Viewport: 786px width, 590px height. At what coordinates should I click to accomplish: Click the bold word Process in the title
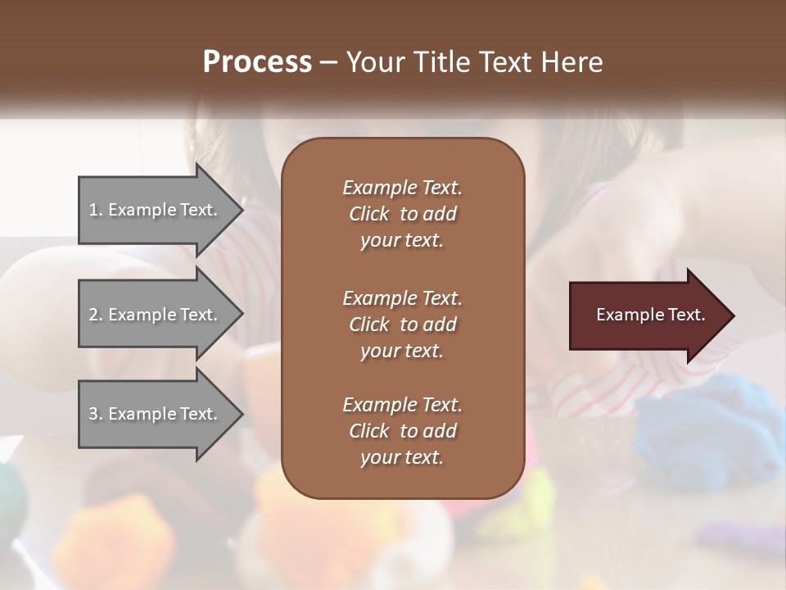coord(257,62)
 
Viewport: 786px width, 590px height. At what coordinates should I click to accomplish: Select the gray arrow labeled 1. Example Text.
coord(156,210)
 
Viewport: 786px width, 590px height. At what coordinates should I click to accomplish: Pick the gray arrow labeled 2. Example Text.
coord(156,315)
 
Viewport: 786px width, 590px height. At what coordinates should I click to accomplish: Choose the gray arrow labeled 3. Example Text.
coord(156,414)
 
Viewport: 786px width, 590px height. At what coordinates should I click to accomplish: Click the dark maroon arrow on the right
coord(647,315)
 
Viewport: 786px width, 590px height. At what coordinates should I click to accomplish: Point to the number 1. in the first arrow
coord(96,210)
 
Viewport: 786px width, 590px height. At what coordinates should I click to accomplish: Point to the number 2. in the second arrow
coord(96,315)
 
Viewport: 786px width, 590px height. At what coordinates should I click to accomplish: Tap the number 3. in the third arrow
coord(96,414)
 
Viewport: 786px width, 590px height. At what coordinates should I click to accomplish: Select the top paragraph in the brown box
coord(402,214)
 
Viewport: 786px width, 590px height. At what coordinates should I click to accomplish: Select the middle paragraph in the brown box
coord(402,324)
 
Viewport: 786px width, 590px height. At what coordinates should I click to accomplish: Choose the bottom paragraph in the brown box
coord(402,431)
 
